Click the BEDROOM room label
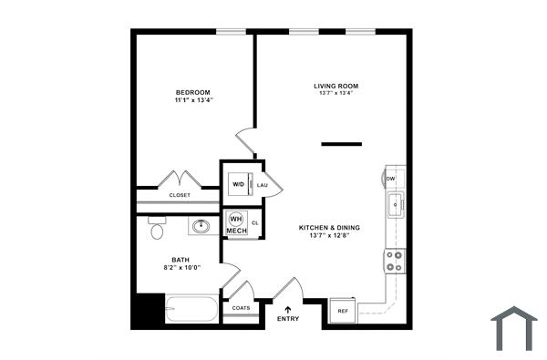click(x=193, y=92)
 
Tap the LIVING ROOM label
click(x=335, y=86)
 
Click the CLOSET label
click(x=180, y=195)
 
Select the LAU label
click(x=263, y=185)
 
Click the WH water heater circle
click(x=235, y=220)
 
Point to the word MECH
click(x=236, y=231)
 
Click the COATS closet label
click(x=241, y=308)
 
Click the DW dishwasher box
click(x=390, y=179)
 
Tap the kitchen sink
click(x=395, y=206)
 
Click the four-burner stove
click(x=395, y=262)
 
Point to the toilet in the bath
click(x=157, y=228)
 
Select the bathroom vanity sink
click(x=201, y=225)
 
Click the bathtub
click(x=191, y=309)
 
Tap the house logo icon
click(x=514, y=328)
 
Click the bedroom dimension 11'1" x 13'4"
click(x=193, y=100)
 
